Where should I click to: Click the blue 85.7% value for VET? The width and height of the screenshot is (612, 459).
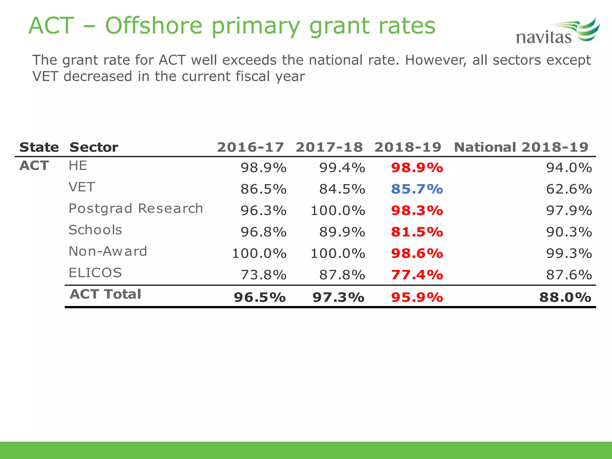click(417, 189)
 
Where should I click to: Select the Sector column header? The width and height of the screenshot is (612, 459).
click(94, 147)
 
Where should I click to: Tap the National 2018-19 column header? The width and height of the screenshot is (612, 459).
click(521, 147)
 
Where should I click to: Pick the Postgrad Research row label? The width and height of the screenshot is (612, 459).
click(136, 209)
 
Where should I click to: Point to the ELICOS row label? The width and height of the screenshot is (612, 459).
click(95, 273)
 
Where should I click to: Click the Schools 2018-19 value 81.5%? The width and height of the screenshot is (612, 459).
click(417, 232)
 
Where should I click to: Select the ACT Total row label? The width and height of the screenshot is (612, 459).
click(105, 294)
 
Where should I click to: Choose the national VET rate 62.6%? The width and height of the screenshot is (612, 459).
click(569, 189)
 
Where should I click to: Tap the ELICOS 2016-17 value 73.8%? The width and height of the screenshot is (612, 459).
click(264, 275)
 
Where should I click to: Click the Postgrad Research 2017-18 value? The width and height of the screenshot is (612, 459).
click(338, 211)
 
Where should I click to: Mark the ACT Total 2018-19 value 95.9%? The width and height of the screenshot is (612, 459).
click(417, 297)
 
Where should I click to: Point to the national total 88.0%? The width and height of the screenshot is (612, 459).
click(565, 297)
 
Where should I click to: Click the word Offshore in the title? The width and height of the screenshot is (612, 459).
click(154, 26)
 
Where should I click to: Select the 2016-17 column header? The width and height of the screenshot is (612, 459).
click(250, 147)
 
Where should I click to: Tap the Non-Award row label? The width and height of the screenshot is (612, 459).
click(108, 251)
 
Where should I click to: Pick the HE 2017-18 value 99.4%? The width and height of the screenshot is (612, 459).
click(342, 168)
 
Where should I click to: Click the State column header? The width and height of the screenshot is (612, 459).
click(39, 147)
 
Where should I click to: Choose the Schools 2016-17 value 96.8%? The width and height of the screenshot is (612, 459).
click(264, 232)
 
